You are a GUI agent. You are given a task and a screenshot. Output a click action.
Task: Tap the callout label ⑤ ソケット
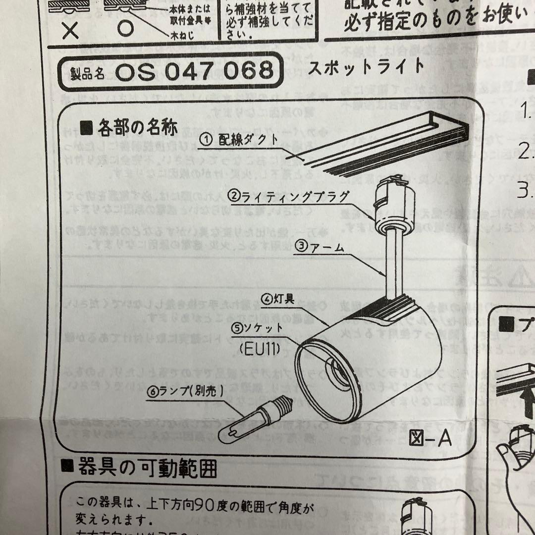point(258,327)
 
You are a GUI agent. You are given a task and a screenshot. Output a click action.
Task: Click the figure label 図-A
point(430,438)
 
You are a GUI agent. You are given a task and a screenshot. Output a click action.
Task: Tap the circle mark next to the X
point(126,29)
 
